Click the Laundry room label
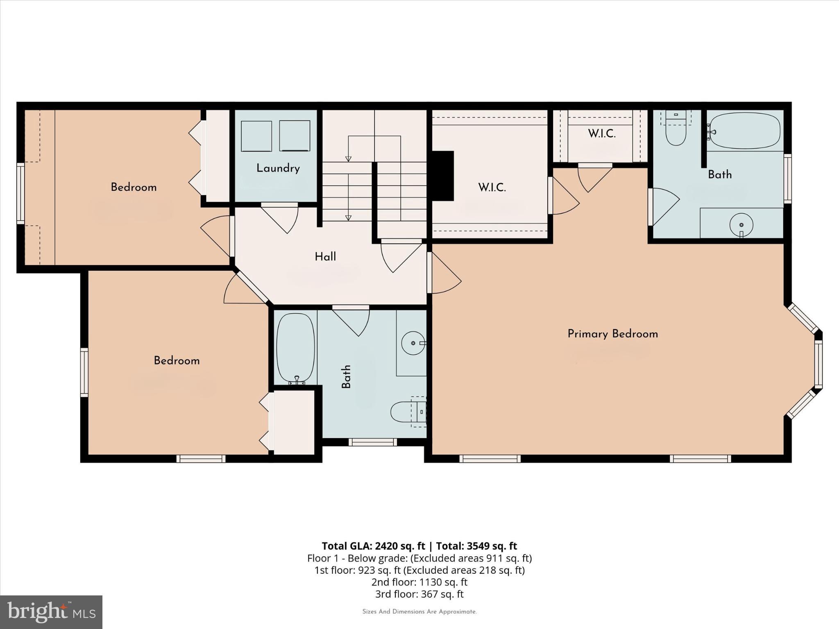(278, 168)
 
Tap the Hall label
(325, 257)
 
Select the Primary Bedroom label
(612, 334)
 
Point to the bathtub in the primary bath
(745, 131)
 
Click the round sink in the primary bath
(741, 224)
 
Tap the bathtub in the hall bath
(296, 348)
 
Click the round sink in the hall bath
(413, 342)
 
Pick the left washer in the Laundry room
(256, 136)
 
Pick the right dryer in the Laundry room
(295, 136)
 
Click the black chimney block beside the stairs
(443, 176)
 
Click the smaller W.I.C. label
(601, 133)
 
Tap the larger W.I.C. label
(492, 188)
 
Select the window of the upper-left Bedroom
(20, 193)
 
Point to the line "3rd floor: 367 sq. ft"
(419, 594)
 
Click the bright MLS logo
(51, 612)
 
